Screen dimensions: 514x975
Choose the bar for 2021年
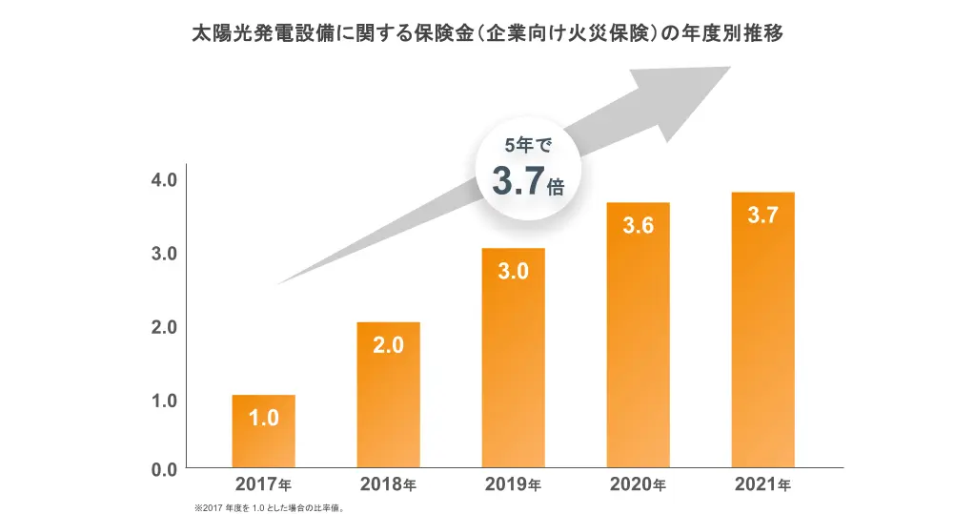click(x=762, y=334)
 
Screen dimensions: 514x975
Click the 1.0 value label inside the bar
click(x=263, y=418)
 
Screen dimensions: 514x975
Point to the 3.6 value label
click(x=638, y=226)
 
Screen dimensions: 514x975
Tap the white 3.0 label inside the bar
click(x=513, y=272)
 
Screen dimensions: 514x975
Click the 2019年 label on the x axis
click(x=513, y=485)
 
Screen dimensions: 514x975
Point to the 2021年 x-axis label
click(x=762, y=485)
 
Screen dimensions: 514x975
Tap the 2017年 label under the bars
click(x=263, y=485)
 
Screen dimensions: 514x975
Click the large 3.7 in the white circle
click(x=518, y=181)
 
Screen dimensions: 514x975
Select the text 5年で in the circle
click(x=527, y=146)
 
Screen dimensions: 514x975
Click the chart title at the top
click(x=487, y=33)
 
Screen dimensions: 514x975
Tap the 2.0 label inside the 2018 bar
click(x=388, y=345)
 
